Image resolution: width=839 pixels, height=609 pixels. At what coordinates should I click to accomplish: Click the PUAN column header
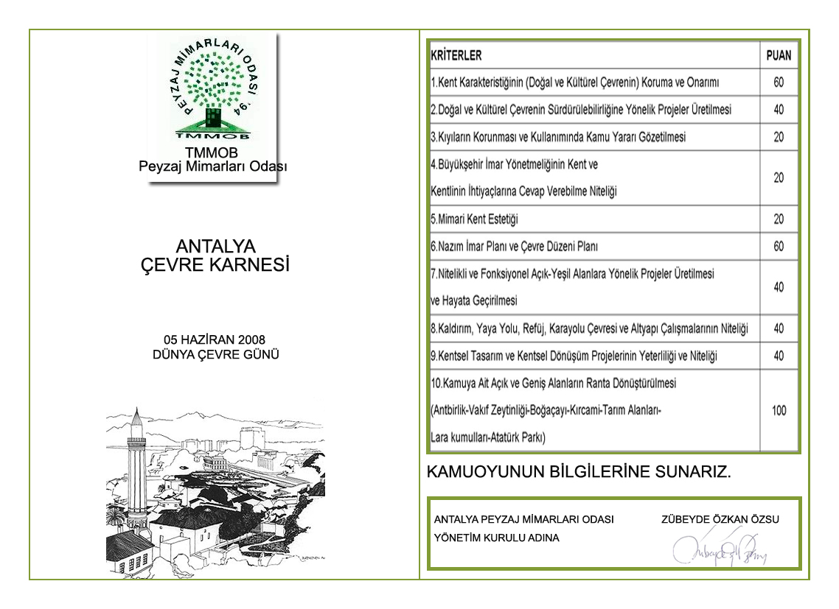point(779,55)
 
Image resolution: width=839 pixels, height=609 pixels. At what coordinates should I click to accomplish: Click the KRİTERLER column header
point(456,55)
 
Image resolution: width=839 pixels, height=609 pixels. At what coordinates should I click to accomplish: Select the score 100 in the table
point(779,410)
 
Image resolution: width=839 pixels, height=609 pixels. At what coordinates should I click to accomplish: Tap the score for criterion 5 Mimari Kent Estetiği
point(779,219)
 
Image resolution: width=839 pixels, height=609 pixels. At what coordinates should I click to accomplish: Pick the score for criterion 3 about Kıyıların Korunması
point(779,137)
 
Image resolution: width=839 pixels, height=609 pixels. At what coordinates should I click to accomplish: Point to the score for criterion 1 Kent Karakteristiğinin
point(779,82)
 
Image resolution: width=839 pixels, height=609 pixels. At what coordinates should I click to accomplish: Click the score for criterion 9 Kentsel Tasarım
point(779,356)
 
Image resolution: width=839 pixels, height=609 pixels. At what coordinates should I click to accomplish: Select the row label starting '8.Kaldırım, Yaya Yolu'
point(589,328)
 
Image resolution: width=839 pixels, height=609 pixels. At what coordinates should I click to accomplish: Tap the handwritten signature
point(718,549)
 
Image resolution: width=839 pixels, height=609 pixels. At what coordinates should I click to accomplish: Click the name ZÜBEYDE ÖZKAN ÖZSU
point(720,519)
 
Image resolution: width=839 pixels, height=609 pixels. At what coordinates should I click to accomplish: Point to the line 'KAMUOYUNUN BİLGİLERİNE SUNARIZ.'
point(579,472)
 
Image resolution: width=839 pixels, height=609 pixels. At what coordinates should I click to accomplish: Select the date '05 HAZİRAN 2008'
point(215,339)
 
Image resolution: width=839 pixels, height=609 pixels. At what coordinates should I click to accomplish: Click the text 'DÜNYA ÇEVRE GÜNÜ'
point(215,354)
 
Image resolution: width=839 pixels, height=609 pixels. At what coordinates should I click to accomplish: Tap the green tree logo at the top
point(213,88)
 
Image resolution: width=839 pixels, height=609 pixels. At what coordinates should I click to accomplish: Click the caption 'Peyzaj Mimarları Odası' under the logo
point(213,166)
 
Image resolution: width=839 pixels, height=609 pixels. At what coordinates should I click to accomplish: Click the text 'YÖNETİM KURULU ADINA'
point(497,538)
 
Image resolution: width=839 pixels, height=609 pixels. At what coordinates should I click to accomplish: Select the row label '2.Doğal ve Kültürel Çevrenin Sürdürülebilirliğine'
point(581,110)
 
